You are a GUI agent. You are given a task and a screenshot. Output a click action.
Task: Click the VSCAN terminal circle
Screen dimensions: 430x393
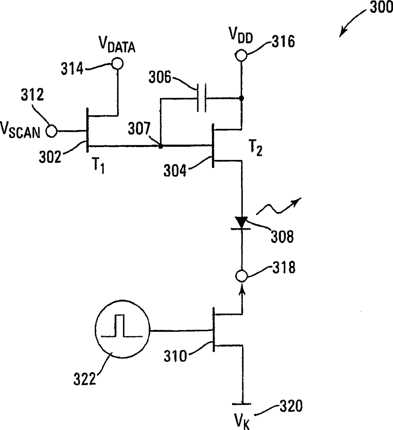pyautogui.click(x=51, y=131)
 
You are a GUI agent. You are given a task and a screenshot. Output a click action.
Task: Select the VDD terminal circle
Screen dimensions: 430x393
pyautogui.click(x=241, y=56)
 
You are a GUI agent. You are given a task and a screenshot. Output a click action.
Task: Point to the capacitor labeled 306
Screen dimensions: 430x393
pyautogui.click(x=201, y=98)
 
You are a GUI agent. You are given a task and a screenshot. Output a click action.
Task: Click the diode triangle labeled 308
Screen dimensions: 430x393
pyautogui.click(x=242, y=222)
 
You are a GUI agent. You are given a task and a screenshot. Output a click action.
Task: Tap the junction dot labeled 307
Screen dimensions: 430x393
pyautogui.click(x=161, y=146)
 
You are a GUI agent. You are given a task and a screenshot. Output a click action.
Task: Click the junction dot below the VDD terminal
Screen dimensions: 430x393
pyautogui.click(x=242, y=99)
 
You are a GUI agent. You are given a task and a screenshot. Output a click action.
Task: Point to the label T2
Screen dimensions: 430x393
pyautogui.click(x=256, y=148)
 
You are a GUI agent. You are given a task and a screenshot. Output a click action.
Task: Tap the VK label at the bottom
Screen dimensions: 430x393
pyautogui.click(x=242, y=421)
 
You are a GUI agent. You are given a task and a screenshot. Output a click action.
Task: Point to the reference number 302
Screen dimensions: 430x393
pyautogui.click(x=50, y=157)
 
